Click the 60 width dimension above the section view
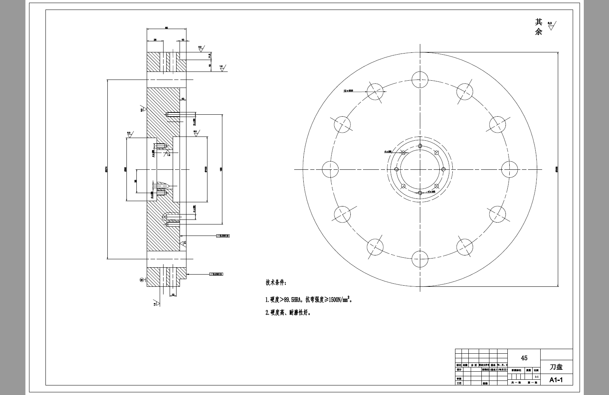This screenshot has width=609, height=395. (167, 28)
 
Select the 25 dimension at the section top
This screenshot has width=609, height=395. (155, 40)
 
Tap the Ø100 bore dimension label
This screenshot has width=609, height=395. (206, 169)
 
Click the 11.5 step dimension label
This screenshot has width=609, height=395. (210, 56)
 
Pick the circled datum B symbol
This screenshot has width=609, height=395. (141, 280)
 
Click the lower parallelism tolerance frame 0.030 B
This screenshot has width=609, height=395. (216, 274)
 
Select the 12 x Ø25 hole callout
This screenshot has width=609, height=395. (348, 91)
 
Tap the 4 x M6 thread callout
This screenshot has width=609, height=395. (432, 191)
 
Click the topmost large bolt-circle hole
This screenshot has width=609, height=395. (420, 80)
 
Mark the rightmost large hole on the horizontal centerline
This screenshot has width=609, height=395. (509, 169)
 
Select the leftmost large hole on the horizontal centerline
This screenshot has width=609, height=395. (330, 169)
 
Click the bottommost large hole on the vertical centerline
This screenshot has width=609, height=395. (420, 259)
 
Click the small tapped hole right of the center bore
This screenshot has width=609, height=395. (444, 169)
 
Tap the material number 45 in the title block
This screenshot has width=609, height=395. (524, 358)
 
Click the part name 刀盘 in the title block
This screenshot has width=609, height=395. (556, 367)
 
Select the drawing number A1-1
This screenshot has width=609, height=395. (556, 380)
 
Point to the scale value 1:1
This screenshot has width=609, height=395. (536, 377)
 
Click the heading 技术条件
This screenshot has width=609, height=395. (275, 283)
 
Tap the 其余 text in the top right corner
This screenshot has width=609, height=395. (539, 27)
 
